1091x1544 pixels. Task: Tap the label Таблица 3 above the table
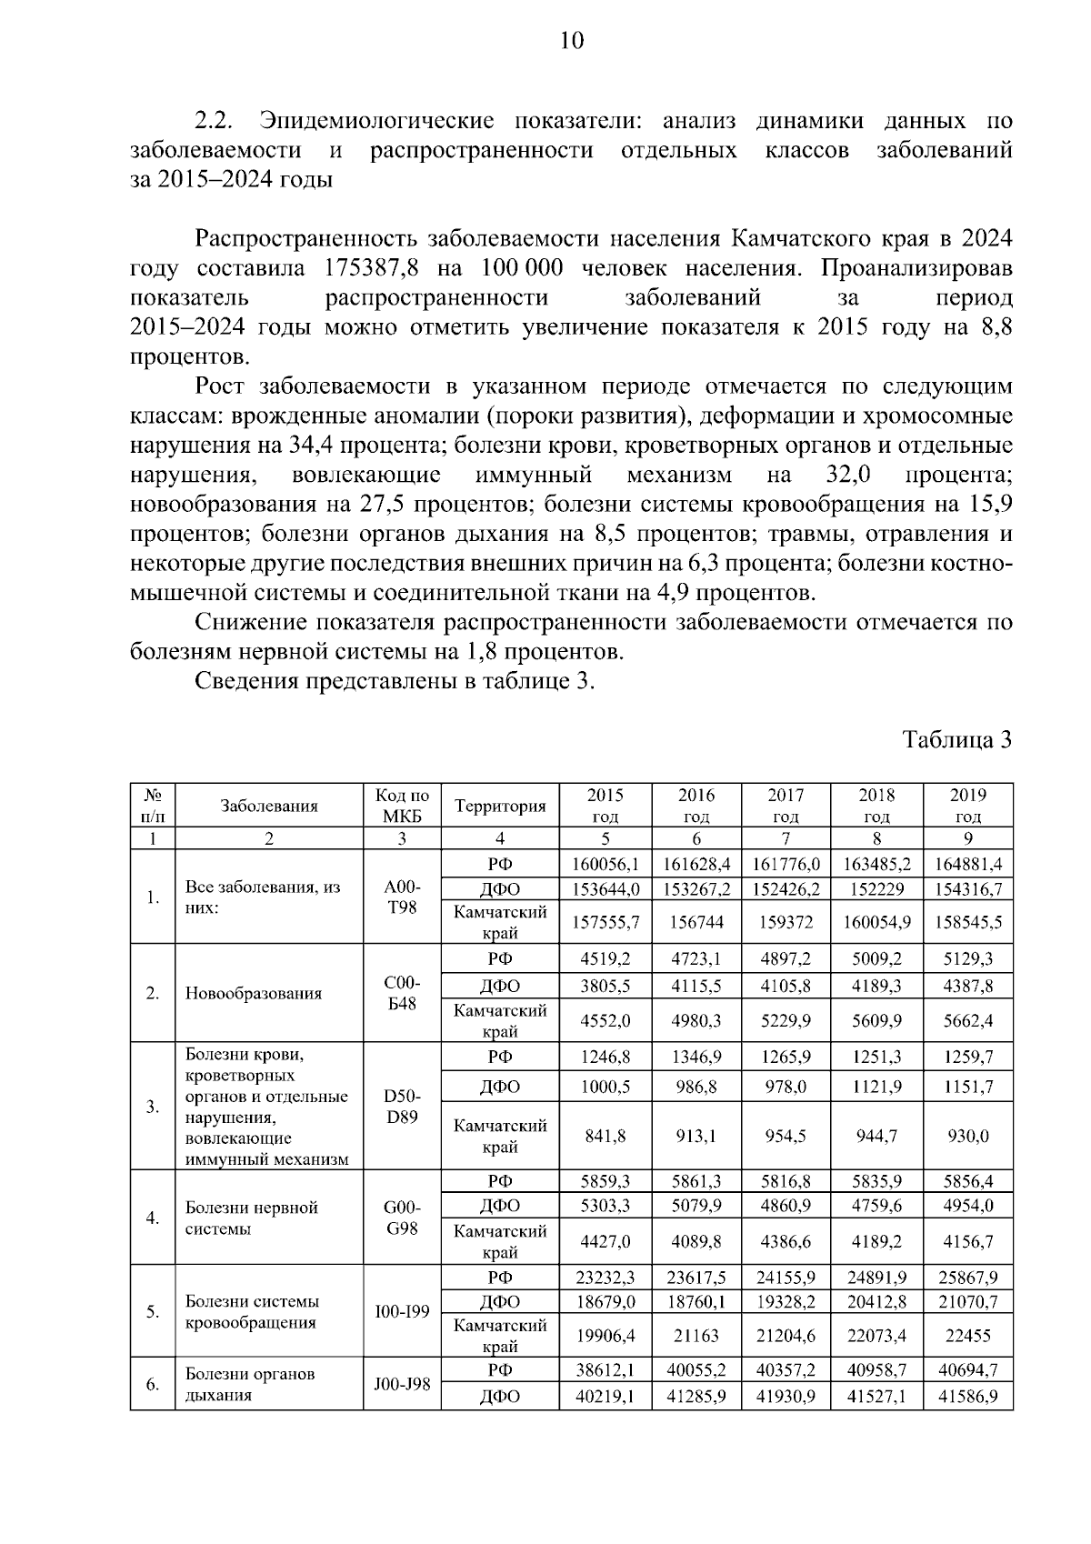pyautogui.click(x=956, y=739)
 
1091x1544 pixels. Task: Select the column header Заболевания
pyautogui.click(x=269, y=806)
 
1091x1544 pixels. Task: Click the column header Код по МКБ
pyautogui.click(x=402, y=806)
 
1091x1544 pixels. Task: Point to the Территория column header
pyautogui.click(x=500, y=806)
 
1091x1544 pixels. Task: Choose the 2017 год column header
pyautogui.click(x=786, y=806)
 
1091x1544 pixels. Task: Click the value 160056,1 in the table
pyautogui.click(x=606, y=864)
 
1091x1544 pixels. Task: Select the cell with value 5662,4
pyautogui.click(x=967, y=1021)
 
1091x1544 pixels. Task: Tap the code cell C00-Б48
pyautogui.click(x=402, y=993)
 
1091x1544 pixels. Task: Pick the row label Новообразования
pyautogui.click(x=254, y=993)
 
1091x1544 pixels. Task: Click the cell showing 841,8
pyautogui.click(x=606, y=1137)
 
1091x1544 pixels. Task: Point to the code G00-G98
pyautogui.click(x=402, y=1218)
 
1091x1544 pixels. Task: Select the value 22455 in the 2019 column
pyautogui.click(x=967, y=1337)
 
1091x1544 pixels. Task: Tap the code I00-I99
pyautogui.click(x=402, y=1312)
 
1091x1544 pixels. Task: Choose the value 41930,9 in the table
pyautogui.click(x=786, y=1396)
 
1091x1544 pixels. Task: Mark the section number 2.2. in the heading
pyautogui.click(x=215, y=121)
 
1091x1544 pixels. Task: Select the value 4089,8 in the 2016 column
pyautogui.click(x=696, y=1241)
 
